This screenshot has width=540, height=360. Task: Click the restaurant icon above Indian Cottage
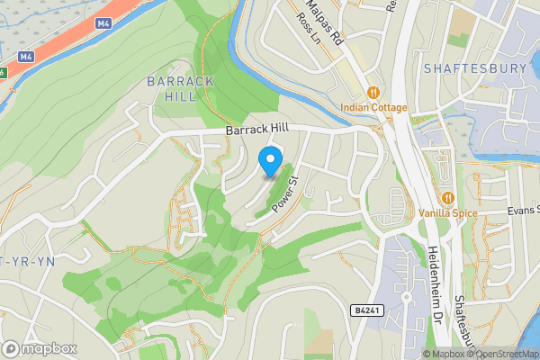click(373, 92)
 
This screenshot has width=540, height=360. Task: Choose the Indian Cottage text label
click(373, 108)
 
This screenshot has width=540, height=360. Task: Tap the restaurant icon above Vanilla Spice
click(447, 197)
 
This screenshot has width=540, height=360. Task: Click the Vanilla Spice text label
click(447, 213)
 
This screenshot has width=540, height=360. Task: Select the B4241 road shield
click(364, 310)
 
